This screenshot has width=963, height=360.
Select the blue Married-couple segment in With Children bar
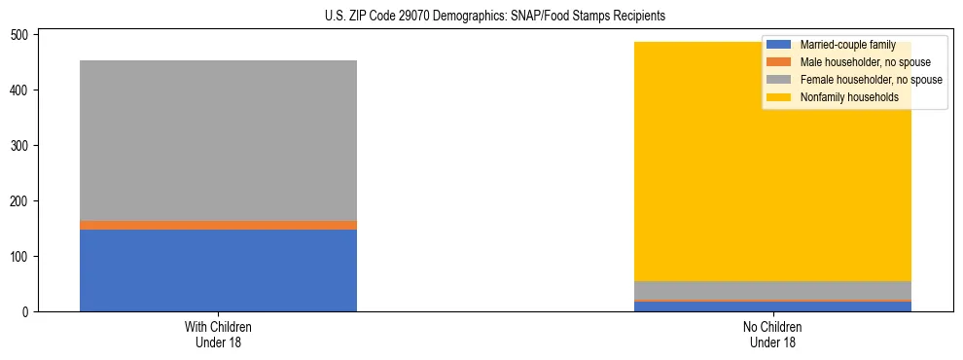[x=218, y=270]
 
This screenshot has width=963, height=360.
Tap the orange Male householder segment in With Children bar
[x=218, y=225]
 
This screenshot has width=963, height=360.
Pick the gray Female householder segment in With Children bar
[x=218, y=140]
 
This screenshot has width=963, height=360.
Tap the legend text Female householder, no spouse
[x=871, y=80]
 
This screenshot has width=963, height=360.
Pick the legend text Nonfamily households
[x=849, y=97]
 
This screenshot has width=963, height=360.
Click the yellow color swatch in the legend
[x=780, y=97]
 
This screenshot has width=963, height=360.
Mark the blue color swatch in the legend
[x=780, y=45]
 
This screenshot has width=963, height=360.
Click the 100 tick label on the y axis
[x=20, y=257]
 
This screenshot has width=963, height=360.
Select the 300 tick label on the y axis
[x=20, y=146]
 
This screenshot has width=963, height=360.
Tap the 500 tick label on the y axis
[x=20, y=35]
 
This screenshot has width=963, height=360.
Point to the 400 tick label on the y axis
[x=20, y=90]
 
